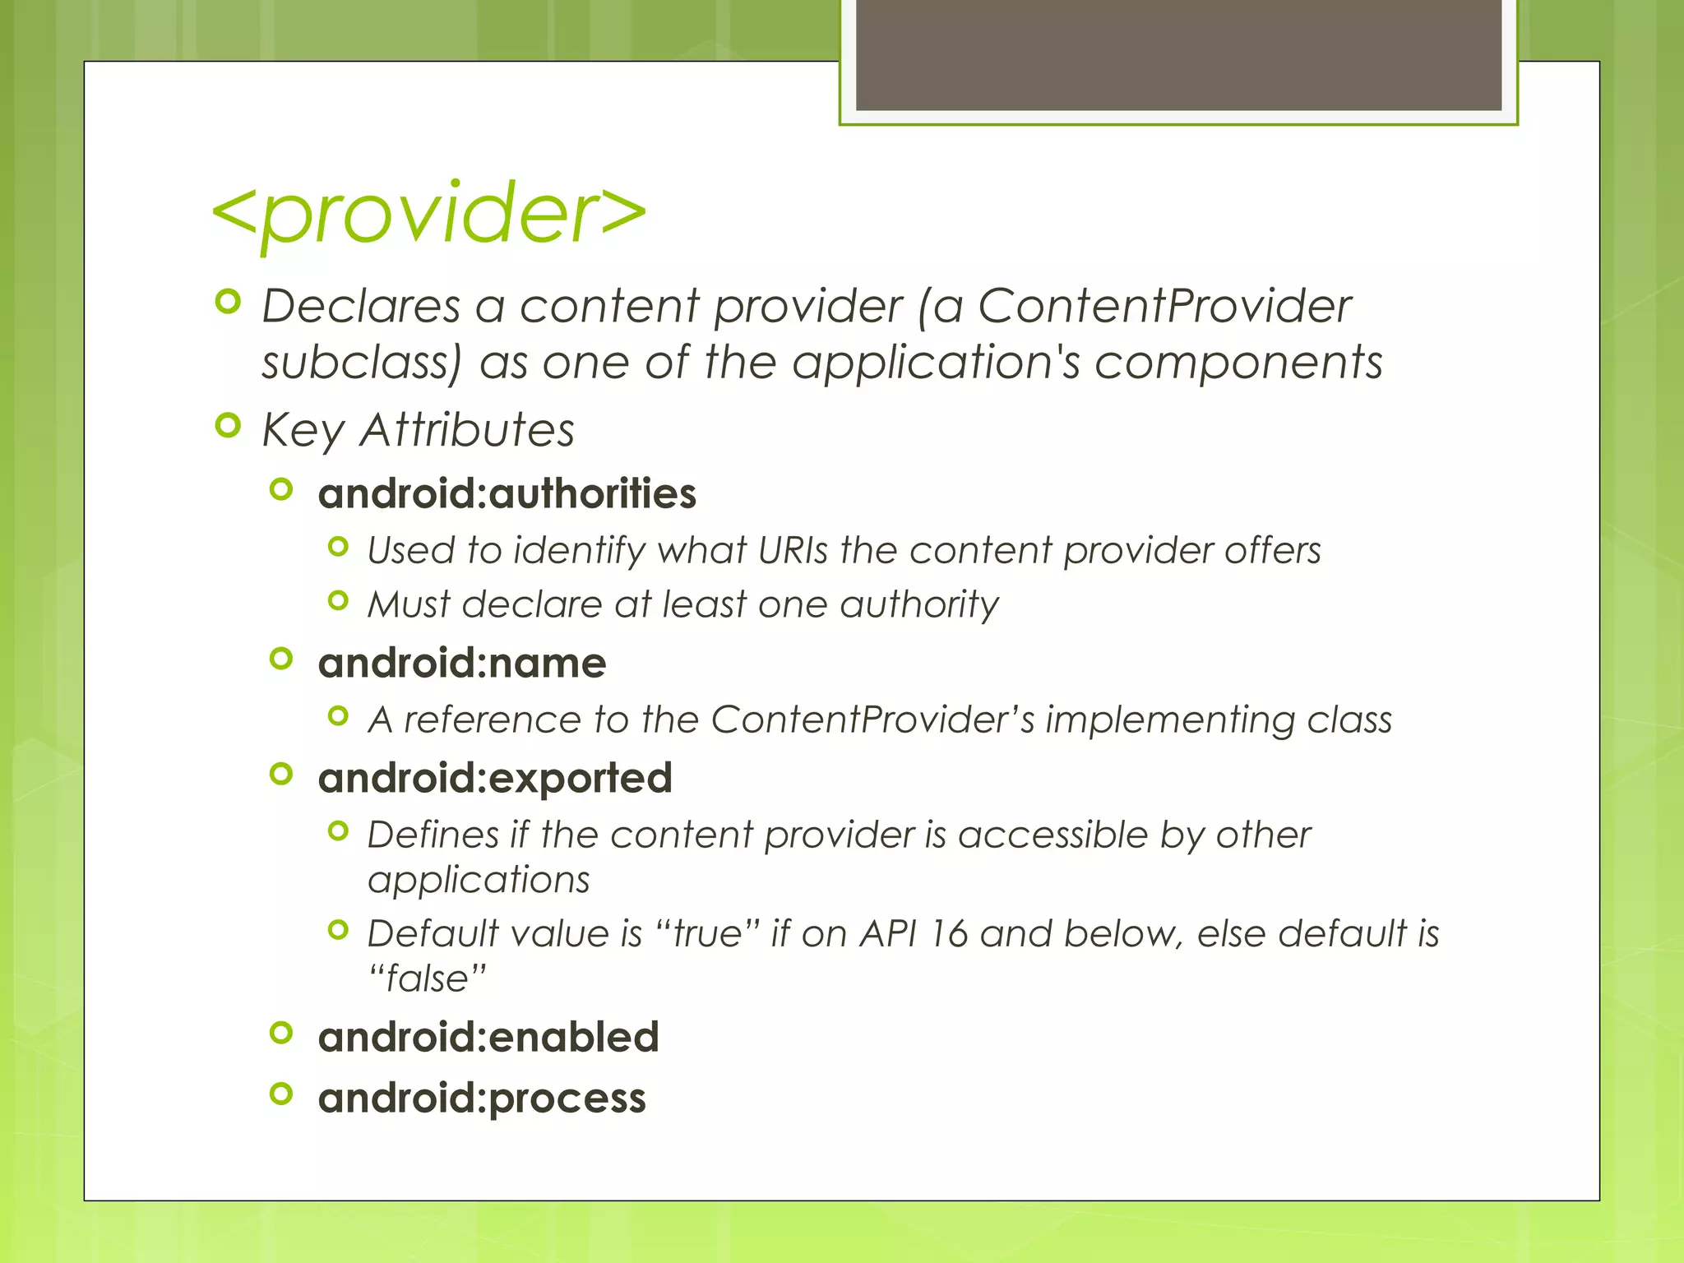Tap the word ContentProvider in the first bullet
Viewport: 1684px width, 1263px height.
point(1164,307)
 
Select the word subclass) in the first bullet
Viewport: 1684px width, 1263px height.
point(362,363)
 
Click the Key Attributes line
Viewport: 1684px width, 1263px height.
point(418,430)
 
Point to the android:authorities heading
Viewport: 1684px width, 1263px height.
point(507,493)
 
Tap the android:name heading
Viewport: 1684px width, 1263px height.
point(461,663)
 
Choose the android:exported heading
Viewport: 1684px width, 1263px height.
point(495,778)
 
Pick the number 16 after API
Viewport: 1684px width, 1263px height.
point(949,934)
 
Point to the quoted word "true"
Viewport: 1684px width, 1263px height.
point(708,934)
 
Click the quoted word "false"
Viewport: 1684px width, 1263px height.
point(427,978)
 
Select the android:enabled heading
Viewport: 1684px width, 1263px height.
point(488,1037)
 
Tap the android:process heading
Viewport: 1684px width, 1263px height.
point(482,1099)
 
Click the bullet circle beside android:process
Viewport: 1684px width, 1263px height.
point(281,1094)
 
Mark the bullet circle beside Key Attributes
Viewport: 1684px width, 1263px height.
point(227,426)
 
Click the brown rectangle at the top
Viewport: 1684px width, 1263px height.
point(1178,54)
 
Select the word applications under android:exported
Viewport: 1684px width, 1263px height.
point(479,880)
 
